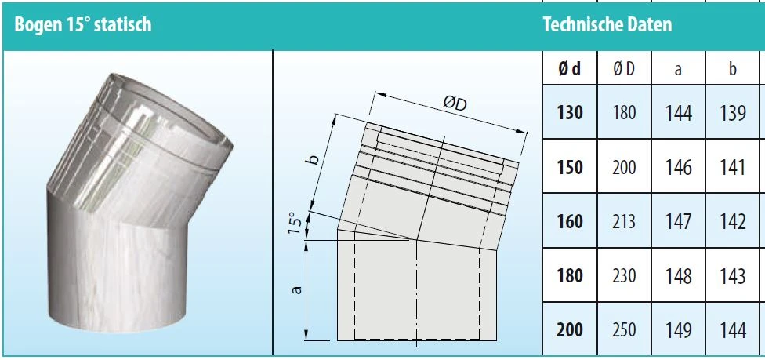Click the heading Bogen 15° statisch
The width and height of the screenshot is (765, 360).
(83, 24)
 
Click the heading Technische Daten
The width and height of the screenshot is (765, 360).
(607, 24)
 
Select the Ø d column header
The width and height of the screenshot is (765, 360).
(569, 69)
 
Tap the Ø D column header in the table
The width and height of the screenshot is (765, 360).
(624, 69)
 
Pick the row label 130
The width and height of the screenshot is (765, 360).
(569, 113)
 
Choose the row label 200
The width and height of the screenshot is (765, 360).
(569, 330)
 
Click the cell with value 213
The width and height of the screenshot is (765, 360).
(624, 222)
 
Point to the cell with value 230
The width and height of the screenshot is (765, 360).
(624, 277)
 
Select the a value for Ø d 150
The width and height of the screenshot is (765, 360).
(678, 168)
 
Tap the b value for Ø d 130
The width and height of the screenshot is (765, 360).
(733, 113)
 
